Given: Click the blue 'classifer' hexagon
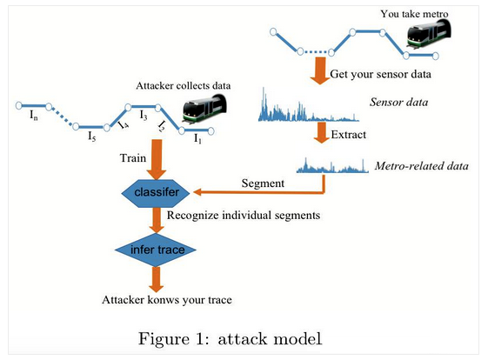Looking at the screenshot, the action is coord(156,193).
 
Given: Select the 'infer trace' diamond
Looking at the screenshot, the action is coord(156,250).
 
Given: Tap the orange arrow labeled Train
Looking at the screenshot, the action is coord(157,159).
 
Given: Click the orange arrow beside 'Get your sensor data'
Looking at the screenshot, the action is coord(320,70).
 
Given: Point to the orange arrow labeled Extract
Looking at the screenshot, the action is coord(322,132).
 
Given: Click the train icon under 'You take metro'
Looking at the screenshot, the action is coord(429,34).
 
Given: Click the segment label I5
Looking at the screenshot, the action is coord(92,137).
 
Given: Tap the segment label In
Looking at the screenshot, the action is coord(34,116).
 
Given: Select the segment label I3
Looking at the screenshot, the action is coord(144,116).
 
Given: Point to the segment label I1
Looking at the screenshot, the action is coord(197,138).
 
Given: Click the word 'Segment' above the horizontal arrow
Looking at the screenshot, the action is coord(263,183).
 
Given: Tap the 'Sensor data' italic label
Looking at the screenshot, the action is coord(398,102).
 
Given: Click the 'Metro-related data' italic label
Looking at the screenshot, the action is coord(421,166).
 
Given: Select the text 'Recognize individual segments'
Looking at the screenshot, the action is coord(244,216).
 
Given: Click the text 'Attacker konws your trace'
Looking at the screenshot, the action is coord(167,300).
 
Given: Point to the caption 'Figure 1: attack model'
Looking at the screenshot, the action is coord(230,339).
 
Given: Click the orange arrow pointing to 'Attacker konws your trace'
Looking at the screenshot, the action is coord(157,279).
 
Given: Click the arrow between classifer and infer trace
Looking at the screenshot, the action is coord(157,220).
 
